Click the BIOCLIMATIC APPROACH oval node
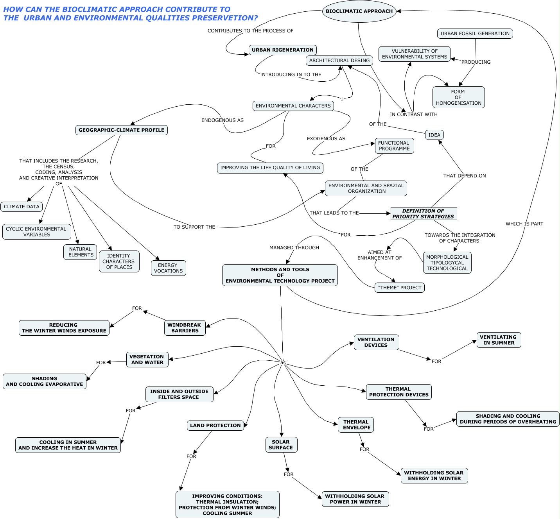(x=359, y=11)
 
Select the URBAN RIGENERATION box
(x=282, y=50)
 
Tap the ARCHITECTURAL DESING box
(x=339, y=60)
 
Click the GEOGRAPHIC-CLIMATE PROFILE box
(x=121, y=130)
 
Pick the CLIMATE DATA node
(x=22, y=207)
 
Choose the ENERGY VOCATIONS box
(x=168, y=268)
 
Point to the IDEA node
(x=434, y=135)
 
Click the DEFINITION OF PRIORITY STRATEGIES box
(x=424, y=214)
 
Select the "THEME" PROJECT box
(x=400, y=288)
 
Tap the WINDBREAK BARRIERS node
(x=185, y=328)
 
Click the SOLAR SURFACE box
(x=281, y=445)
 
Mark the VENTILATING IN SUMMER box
(x=499, y=340)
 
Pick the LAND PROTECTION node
(x=215, y=426)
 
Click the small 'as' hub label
(x=283, y=363)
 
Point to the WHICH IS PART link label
(x=524, y=224)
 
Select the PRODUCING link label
(x=476, y=62)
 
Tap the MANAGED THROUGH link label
(x=294, y=248)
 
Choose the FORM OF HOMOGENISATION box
(x=458, y=97)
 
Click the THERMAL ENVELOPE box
(x=356, y=425)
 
